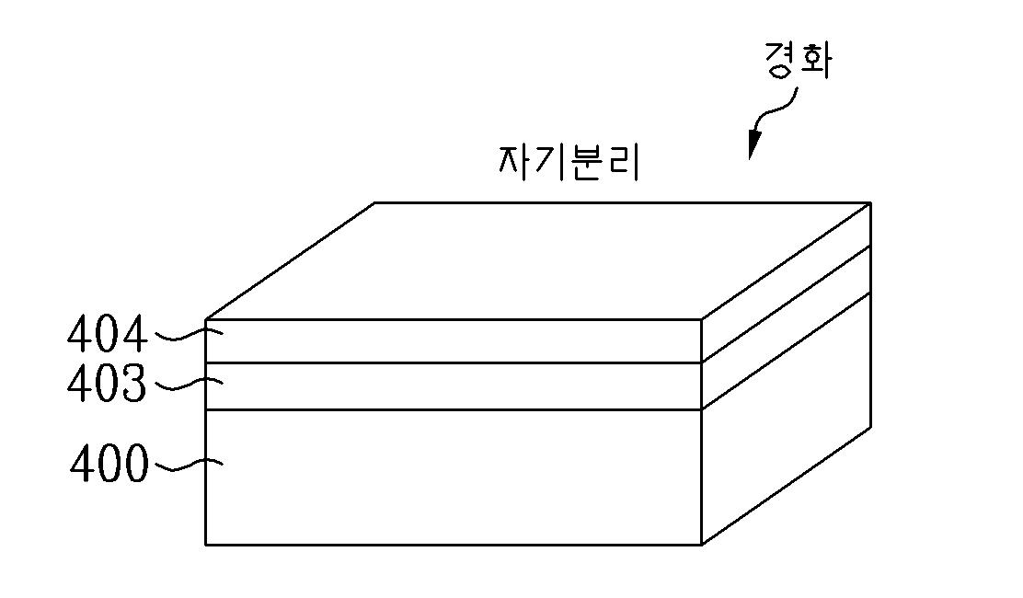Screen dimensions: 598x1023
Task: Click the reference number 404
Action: tap(106, 335)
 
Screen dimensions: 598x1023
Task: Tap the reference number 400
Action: tap(109, 466)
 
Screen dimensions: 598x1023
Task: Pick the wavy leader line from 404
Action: tap(185, 336)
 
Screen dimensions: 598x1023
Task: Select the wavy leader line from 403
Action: tap(185, 384)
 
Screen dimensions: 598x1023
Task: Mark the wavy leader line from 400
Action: tap(185, 466)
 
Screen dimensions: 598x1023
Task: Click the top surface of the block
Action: tap(538, 260)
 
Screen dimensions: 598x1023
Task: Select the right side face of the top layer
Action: tap(787, 282)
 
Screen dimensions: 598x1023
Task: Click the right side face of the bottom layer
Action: tap(787, 419)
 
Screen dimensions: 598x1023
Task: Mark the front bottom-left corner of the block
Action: tap(205, 544)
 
